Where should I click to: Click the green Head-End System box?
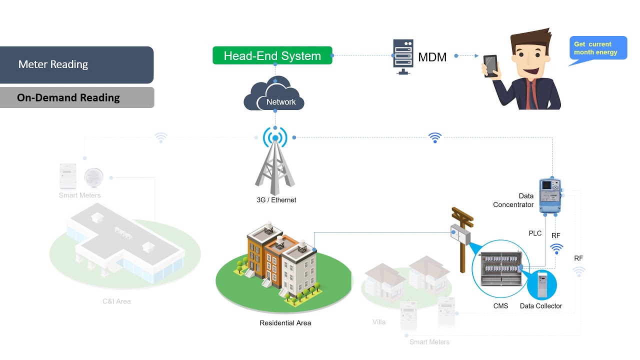(x=272, y=55)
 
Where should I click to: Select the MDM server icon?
(x=402, y=56)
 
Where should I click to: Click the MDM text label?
(x=432, y=57)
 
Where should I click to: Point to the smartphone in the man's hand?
(x=491, y=65)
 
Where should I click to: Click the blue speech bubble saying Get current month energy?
(x=598, y=48)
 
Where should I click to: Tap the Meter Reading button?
(x=76, y=64)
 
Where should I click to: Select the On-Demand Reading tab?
(x=76, y=97)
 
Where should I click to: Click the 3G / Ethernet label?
(x=276, y=200)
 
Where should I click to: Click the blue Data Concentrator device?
(x=551, y=195)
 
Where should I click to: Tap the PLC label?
(x=535, y=233)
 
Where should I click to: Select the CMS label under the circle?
(x=500, y=306)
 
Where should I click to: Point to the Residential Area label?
(x=285, y=323)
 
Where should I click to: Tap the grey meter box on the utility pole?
(x=460, y=234)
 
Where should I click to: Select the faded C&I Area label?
(x=116, y=301)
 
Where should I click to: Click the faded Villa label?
(x=379, y=322)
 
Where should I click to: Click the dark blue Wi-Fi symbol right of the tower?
(x=435, y=137)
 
